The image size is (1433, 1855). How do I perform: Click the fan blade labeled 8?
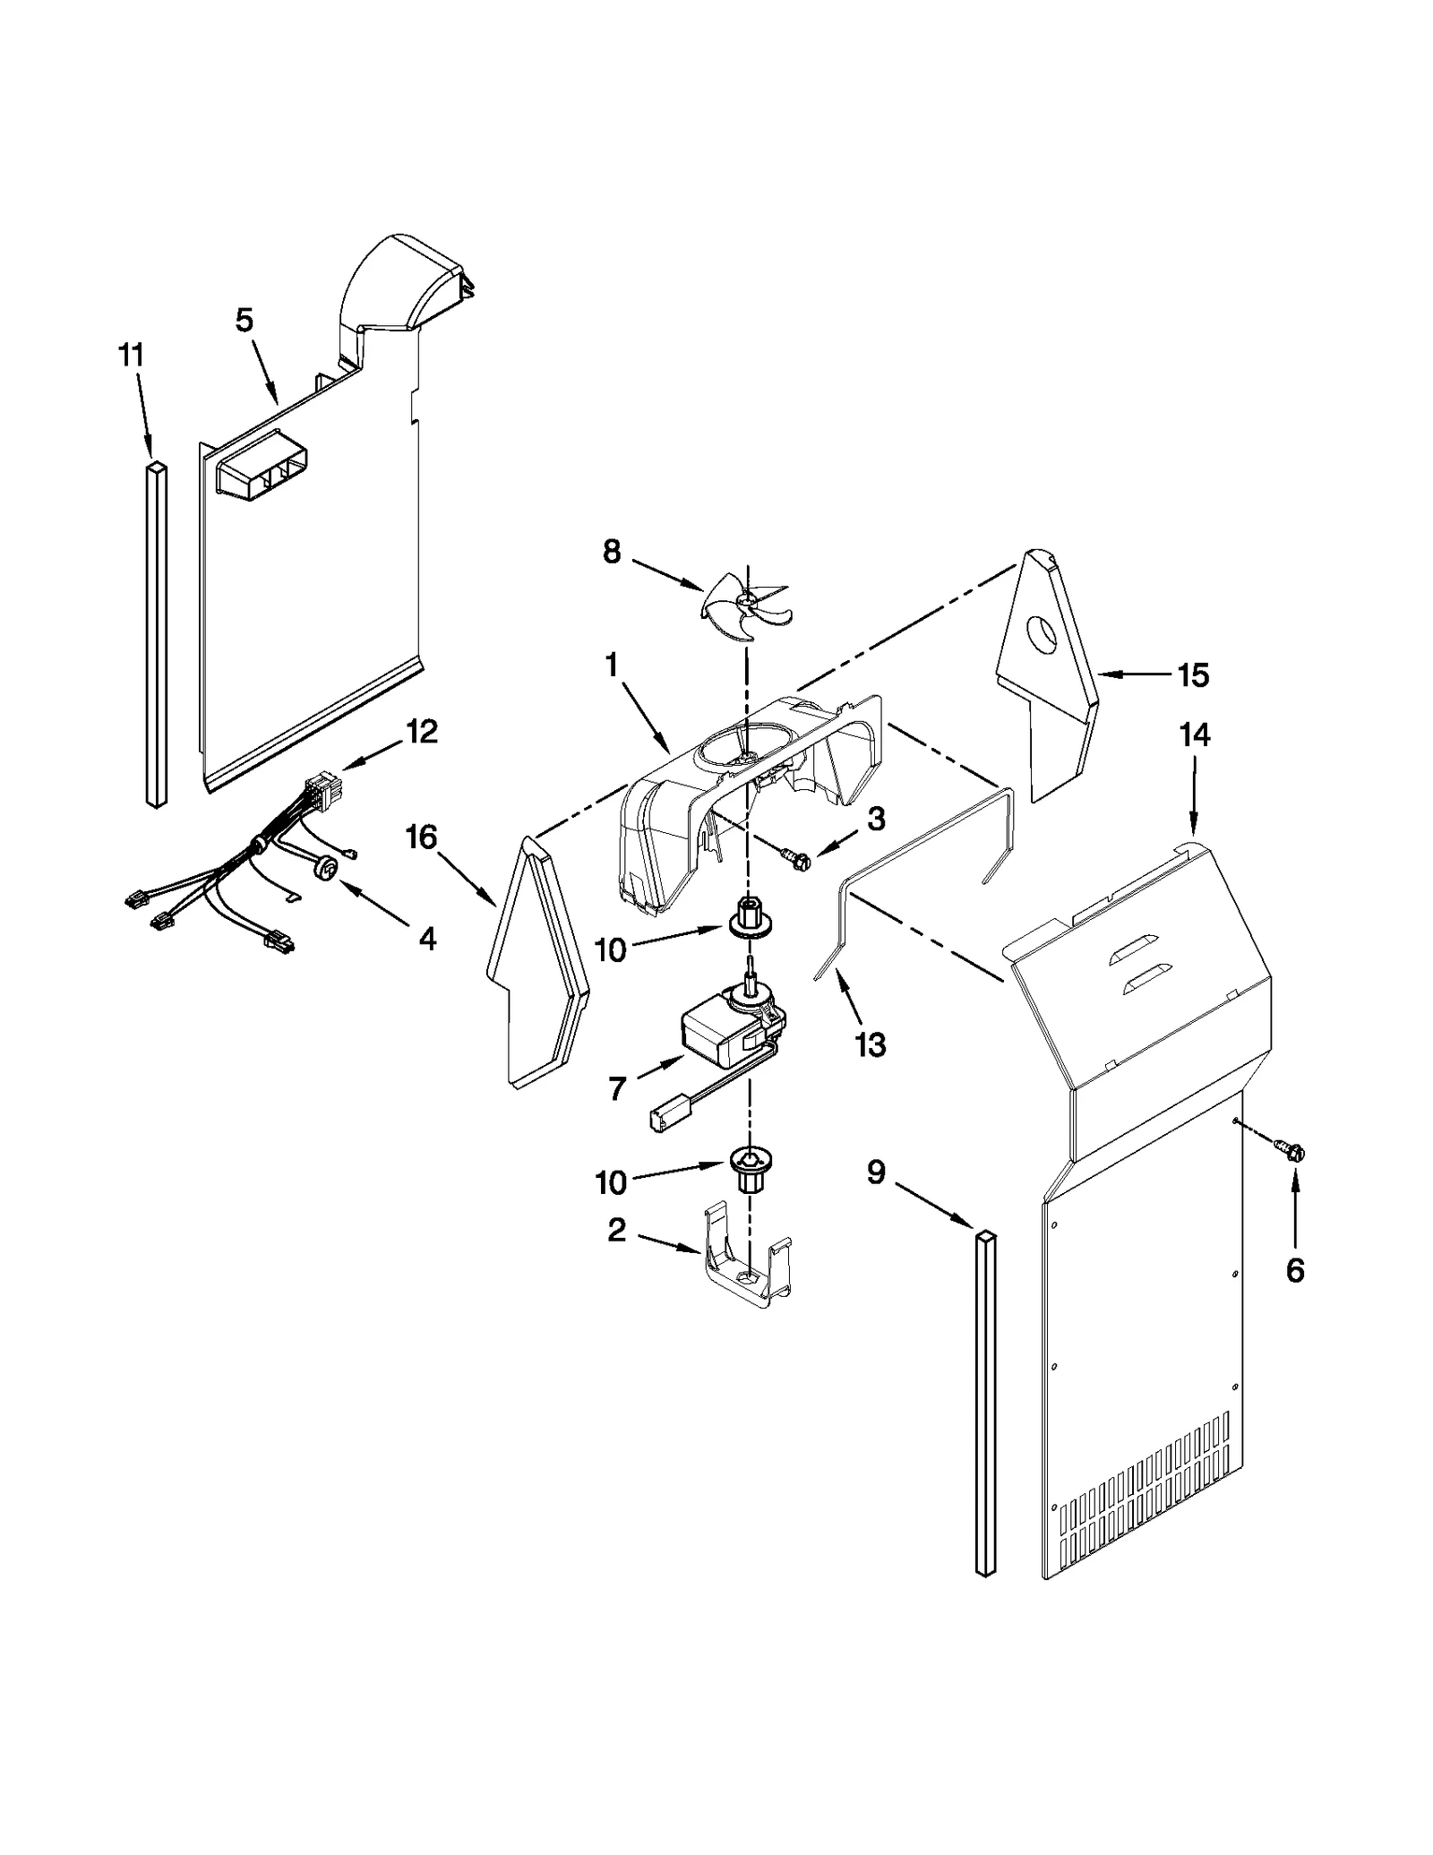pyautogui.click(x=742, y=605)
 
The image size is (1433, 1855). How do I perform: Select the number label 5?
pyautogui.click(x=245, y=320)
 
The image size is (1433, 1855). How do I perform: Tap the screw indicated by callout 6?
pyautogui.click(x=1293, y=1154)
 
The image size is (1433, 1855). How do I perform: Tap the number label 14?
pyautogui.click(x=1195, y=735)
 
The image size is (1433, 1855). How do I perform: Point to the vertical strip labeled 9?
pyautogui.click(x=985, y=1404)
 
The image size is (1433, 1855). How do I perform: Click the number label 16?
pyautogui.click(x=421, y=837)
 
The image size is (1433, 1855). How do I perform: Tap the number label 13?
pyautogui.click(x=871, y=1043)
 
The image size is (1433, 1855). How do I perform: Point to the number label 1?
pyautogui.click(x=612, y=665)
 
